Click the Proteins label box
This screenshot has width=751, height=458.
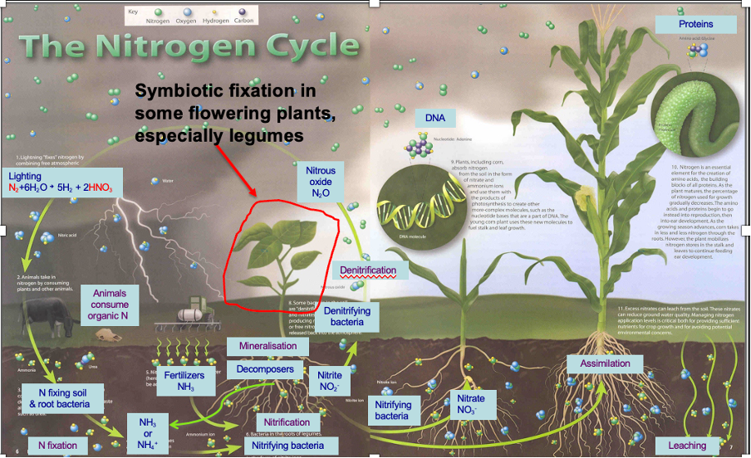[x=695, y=25]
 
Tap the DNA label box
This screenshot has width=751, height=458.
[x=435, y=118]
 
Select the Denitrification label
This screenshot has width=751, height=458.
[x=368, y=270]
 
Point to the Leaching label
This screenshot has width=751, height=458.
[x=687, y=446]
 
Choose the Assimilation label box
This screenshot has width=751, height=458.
[x=606, y=363]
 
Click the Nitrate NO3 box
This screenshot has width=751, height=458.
[x=472, y=404]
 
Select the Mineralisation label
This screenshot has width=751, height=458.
[x=268, y=345]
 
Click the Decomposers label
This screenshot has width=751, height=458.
[x=265, y=368]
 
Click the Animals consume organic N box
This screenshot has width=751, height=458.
[x=110, y=305]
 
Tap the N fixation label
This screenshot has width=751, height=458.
[x=58, y=446]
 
